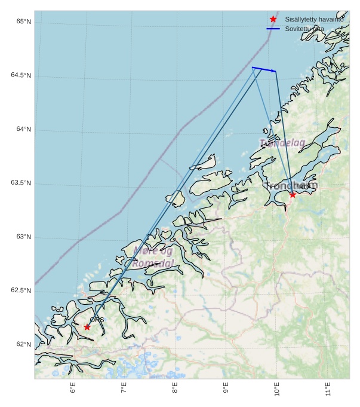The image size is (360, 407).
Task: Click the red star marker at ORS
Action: click(x=87, y=327)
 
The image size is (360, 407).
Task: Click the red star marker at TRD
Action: click(x=293, y=195)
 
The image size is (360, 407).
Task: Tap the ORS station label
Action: click(x=97, y=320)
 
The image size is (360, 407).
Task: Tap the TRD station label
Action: click(x=302, y=187)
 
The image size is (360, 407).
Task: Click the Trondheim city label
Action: click(x=291, y=186)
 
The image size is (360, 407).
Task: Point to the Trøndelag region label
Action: click(x=282, y=143)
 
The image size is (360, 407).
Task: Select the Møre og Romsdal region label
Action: click(x=153, y=257)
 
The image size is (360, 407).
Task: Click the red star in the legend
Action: click(x=273, y=19)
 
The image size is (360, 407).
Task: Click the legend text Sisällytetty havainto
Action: click(x=314, y=19)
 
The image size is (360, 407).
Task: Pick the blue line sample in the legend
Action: click(x=273, y=28)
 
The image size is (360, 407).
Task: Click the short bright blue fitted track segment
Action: click(x=264, y=69)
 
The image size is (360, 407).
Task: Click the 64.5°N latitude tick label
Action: click(x=21, y=76)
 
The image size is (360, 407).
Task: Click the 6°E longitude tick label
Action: click(x=73, y=388)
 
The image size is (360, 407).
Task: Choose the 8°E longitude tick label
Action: click(x=175, y=388)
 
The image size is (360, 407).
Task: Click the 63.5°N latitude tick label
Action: click(x=21, y=183)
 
